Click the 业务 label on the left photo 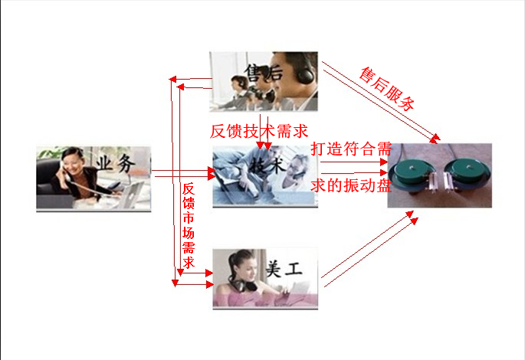click(116, 164)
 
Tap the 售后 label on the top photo click(264, 73)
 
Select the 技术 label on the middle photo click(267, 164)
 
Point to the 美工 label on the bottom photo click(284, 269)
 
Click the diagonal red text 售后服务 click(387, 89)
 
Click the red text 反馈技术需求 click(258, 131)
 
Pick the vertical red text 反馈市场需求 click(189, 225)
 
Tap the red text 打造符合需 click(351, 149)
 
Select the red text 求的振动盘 click(351, 185)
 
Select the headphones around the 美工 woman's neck click(244, 284)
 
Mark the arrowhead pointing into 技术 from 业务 click(212, 174)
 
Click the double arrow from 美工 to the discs click(369, 249)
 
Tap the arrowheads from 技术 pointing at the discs click(384, 167)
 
